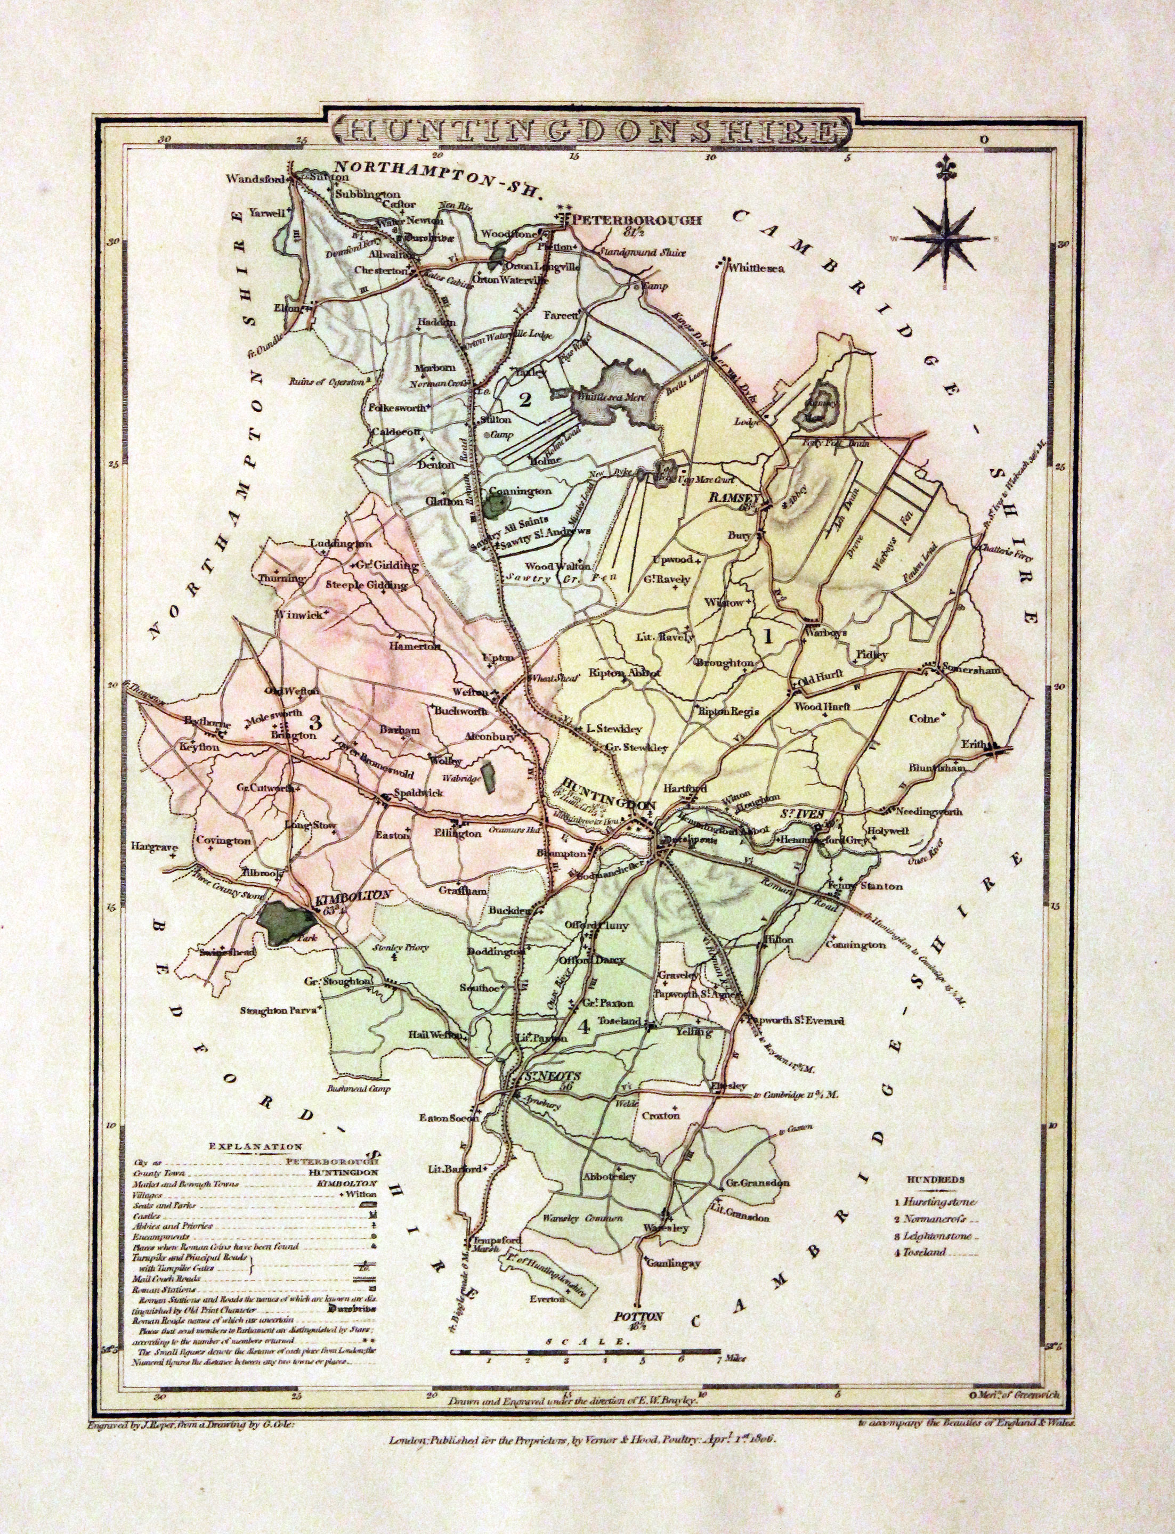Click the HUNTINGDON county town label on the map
(608, 805)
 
